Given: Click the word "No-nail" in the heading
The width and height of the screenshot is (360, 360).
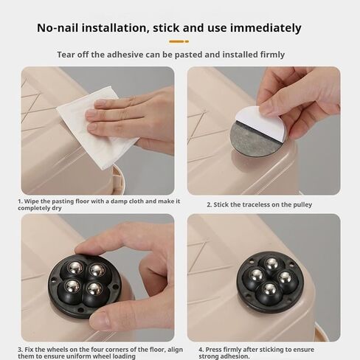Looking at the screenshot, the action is click(58, 28).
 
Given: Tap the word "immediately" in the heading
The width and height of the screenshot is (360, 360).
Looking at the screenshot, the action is click(266, 28).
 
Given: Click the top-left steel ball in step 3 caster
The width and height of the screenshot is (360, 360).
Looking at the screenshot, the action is click(75, 267).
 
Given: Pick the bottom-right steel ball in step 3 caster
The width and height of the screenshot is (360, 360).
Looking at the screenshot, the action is click(95, 288).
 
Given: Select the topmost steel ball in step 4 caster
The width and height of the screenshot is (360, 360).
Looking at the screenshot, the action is click(271, 263).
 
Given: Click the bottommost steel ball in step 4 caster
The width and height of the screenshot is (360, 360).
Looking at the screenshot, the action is click(269, 289).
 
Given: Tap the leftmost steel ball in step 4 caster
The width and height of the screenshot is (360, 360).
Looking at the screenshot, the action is click(256, 274).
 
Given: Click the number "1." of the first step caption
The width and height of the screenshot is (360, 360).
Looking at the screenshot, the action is click(20, 201).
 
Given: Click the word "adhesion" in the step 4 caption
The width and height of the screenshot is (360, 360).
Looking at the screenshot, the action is click(235, 356).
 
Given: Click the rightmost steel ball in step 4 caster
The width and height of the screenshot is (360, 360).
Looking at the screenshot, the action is click(285, 277).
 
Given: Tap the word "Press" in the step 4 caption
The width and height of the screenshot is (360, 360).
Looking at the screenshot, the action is click(214, 350).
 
